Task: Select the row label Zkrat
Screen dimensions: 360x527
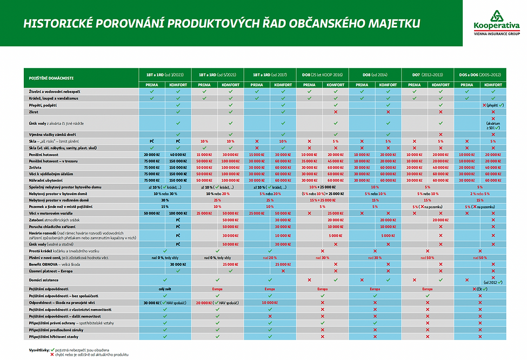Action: click(35, 112)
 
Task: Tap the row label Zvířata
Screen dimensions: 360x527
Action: click(37, 168)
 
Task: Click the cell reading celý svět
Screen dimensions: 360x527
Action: click(165, 289)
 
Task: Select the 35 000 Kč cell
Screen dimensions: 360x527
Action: click(309, 162)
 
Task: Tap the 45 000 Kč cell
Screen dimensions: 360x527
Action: click(335, 162)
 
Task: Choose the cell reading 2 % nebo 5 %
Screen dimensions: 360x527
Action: click(479, 193)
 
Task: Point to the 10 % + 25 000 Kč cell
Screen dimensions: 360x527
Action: click(322, 186)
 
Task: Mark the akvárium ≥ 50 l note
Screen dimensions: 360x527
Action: click(492, 125)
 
